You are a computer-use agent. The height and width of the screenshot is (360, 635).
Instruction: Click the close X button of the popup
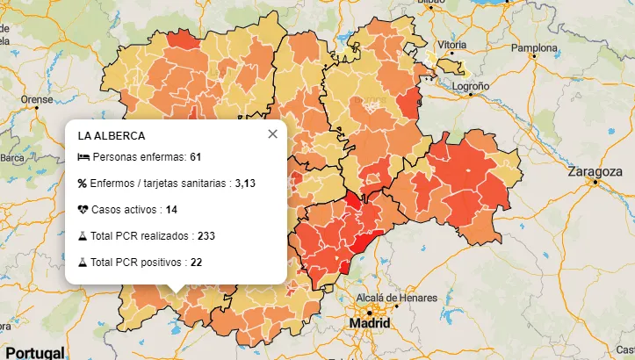click(x=272, y=134)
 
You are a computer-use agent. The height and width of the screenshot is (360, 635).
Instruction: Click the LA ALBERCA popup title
click(x=112, y=136)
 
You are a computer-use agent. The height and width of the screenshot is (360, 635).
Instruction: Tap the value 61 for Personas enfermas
click(x=196, y=157)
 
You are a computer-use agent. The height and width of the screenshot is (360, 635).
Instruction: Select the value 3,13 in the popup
click(x=245, y=184)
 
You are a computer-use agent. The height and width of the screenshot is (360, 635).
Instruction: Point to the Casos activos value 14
click(x=171, y=210)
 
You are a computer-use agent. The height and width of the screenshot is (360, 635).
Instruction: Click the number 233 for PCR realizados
click(x=206, y=236)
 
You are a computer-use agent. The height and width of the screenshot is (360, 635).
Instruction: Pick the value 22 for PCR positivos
click(x=196, y=263)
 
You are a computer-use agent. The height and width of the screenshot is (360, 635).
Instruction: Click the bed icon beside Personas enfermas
click(x=83, y=157)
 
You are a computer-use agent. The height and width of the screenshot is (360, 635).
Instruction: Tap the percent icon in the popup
click(x=83, y=184)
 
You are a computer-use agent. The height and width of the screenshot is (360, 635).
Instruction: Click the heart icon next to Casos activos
click(x=83, y=210)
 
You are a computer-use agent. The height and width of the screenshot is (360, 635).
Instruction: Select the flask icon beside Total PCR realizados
click(x=83, y=236)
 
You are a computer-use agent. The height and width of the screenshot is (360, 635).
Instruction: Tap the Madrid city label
click(x=369, y=323)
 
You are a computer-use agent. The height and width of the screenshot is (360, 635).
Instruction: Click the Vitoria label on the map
click(x=451, y=45)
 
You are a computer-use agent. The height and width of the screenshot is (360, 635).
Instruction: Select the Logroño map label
click(x=470, y=87)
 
